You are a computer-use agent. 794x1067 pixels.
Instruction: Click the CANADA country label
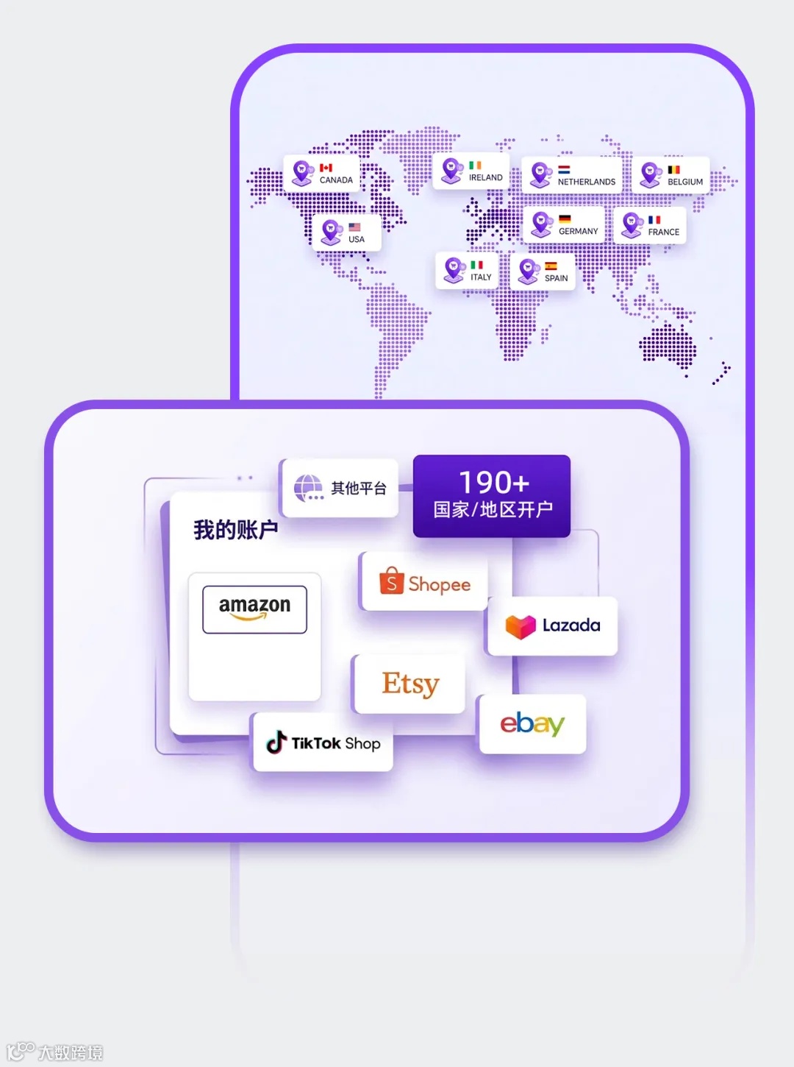(x=336, y=180)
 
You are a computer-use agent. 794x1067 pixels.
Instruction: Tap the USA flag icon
(x=354, y=227)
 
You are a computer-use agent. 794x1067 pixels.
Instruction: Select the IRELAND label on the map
(x=486, y=178)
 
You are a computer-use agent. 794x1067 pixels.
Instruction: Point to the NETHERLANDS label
(x=587, y=182)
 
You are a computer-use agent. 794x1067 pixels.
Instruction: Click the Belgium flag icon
(x=673, y=170)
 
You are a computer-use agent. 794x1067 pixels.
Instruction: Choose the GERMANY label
(x=579, y=232)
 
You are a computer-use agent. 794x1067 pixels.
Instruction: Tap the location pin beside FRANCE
(x=632, y=224)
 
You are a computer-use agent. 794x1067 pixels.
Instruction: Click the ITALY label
(x=481, y=277)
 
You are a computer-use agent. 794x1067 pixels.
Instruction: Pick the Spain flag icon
(x=551, y=266)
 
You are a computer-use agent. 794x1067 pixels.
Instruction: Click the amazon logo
(x=254, y=608)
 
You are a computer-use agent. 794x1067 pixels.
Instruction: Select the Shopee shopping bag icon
(x=392, y=581)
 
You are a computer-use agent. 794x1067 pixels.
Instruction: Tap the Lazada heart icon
(x=521, y=626)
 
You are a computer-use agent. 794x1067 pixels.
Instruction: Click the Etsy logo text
(x=410, y=684)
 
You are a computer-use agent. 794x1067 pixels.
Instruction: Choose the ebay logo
(x=532, y=724)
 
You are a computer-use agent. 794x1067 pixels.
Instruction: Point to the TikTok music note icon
(x=276, y=742)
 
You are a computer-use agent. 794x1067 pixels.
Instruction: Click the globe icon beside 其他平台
(x=308, y=487)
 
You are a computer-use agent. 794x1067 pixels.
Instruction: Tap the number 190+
(x=494, y=483)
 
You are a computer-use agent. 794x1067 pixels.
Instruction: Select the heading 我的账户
(x=236, y=529)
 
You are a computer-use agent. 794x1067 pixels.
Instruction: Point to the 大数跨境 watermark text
(x=71, y=1052)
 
